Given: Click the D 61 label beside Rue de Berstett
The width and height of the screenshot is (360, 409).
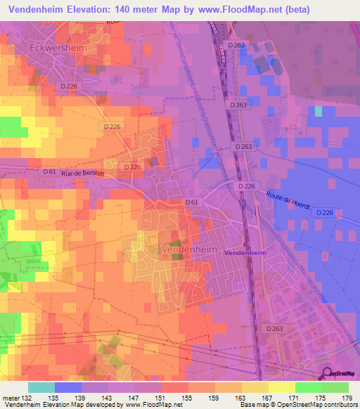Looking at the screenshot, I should point(49,171).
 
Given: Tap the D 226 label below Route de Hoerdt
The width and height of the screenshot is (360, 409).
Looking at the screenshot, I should point(323,212).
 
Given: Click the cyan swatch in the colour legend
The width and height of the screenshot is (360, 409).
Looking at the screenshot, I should point(41,387).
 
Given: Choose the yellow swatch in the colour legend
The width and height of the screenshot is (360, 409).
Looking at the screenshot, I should point(281,387).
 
